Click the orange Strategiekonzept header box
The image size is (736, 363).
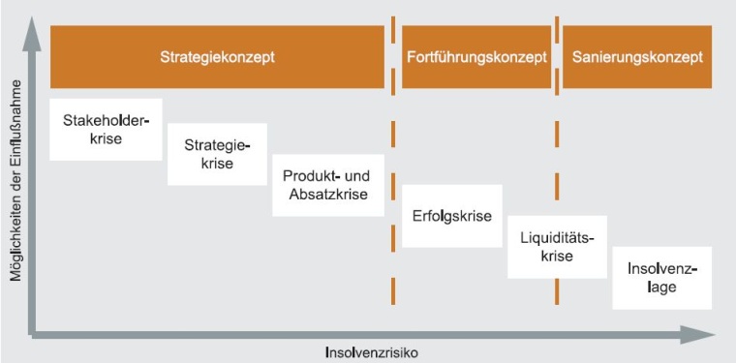point(217,56)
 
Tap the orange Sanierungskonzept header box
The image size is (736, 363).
point(636,56)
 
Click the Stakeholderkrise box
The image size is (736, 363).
point(106,129)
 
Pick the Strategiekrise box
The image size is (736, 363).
point(217,154)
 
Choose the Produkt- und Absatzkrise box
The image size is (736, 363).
point(327,185)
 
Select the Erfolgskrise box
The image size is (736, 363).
point(451,215)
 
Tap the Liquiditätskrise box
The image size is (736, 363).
point(557,246)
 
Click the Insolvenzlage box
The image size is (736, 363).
point(662,277)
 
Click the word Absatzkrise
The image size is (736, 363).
point(327,195)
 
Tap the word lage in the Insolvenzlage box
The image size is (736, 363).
point(662,287)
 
